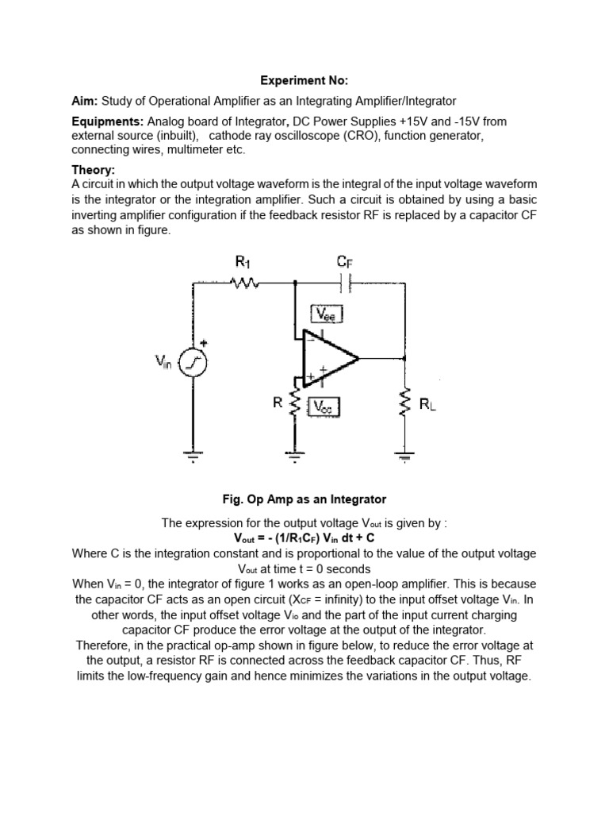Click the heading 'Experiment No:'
[x=304, y=80]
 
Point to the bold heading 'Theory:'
[x=94, y=170]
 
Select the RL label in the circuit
[x=427, y=406]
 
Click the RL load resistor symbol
[x=405, y=404]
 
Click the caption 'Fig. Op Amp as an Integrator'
[x=304, y=499]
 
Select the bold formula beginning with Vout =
[x=304, y=538]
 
